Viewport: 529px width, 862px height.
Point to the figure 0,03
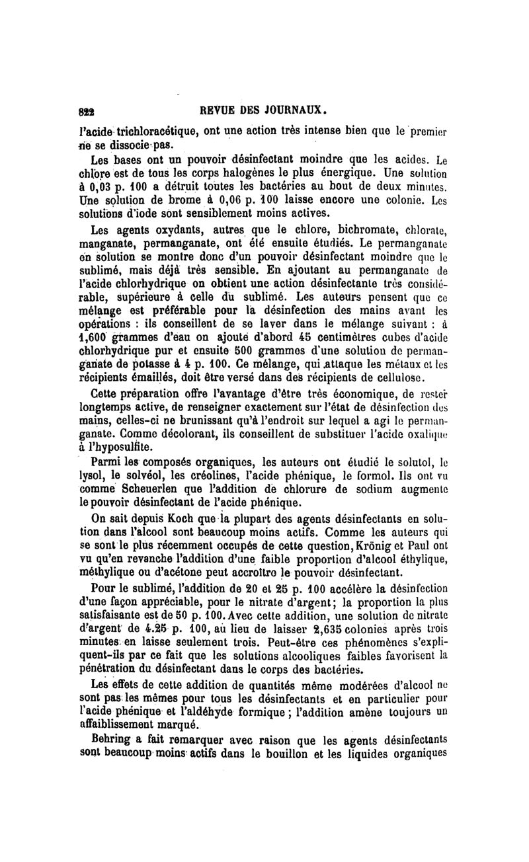(107, 187)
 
